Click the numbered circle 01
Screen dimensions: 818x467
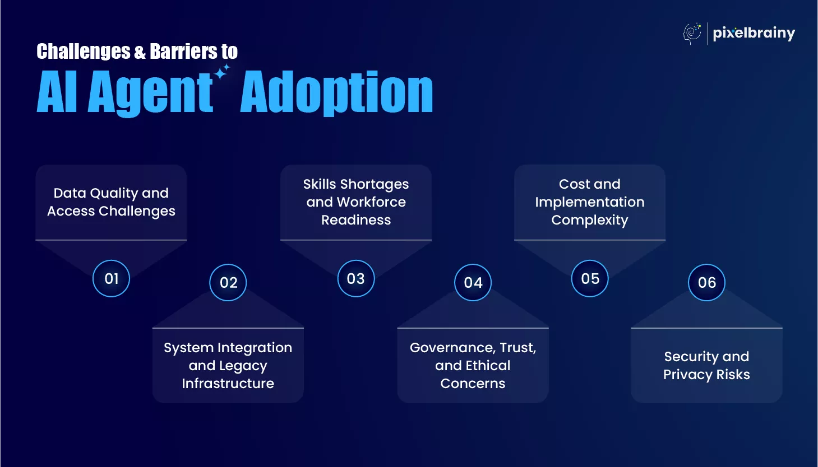click(x=111, y=278)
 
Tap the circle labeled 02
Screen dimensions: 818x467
click(x=228, y=282)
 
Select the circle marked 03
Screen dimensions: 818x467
click(x=355, y=278)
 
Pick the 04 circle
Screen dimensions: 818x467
click(x=473, y=282)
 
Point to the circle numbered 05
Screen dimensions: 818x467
click(x=590, y=278)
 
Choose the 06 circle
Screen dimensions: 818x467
click(x=706, y=282)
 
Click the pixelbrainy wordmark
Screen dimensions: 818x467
click(x=754, y=34)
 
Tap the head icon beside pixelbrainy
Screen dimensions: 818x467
click(x=692, y=34)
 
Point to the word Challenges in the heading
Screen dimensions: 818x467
click(x=84, y=52)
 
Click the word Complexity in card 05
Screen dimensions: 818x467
click(x=590, y=221)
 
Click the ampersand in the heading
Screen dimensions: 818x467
click(x=140, y=52)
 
